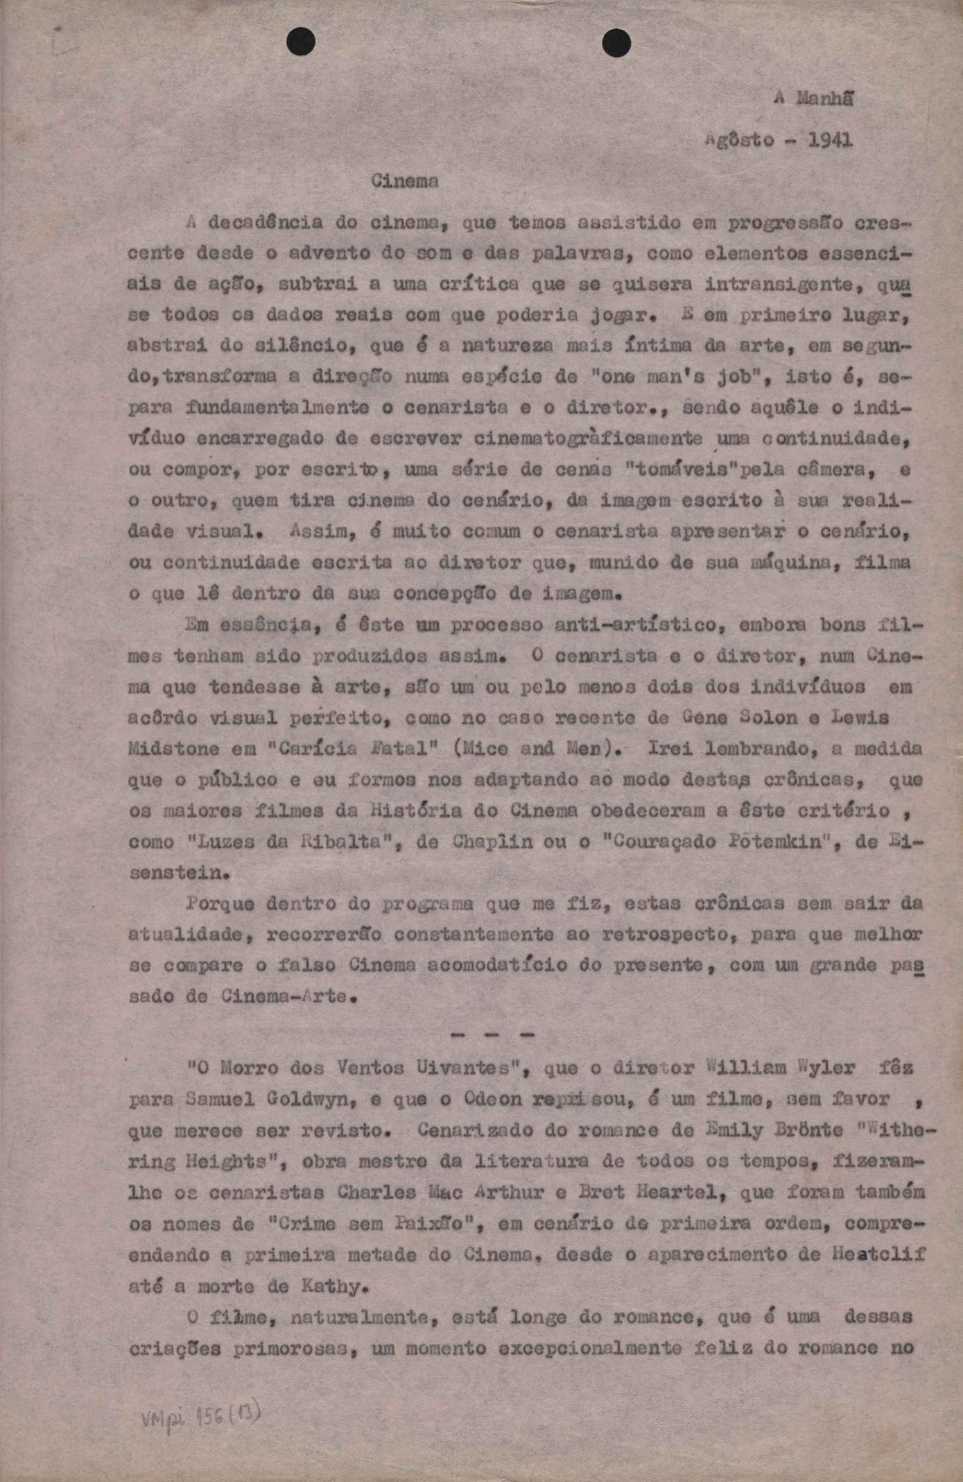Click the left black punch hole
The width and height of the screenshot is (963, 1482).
click(301, 42)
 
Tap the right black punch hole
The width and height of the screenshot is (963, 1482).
click(616, 44)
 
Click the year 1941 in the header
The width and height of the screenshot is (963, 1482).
click(830, 140)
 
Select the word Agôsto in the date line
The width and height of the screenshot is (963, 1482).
click(739, 140)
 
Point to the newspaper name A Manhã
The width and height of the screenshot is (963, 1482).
click(813, 99)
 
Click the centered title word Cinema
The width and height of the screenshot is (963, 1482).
click(405, 182)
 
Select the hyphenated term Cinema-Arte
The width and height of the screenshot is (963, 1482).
click(284, 997)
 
